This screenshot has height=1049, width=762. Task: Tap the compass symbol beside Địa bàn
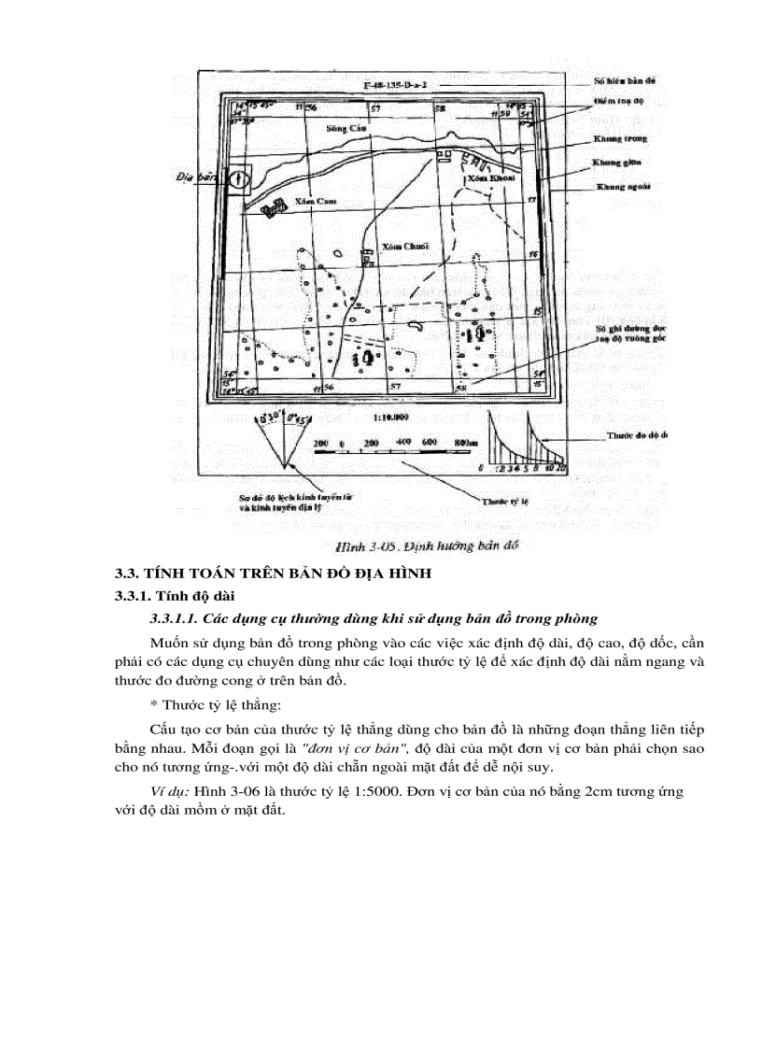pos(239,177)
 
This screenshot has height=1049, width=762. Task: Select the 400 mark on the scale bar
pos(403,441)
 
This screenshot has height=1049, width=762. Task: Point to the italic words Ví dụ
pos(169,791)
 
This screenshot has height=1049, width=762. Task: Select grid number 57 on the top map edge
pos(375,109)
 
